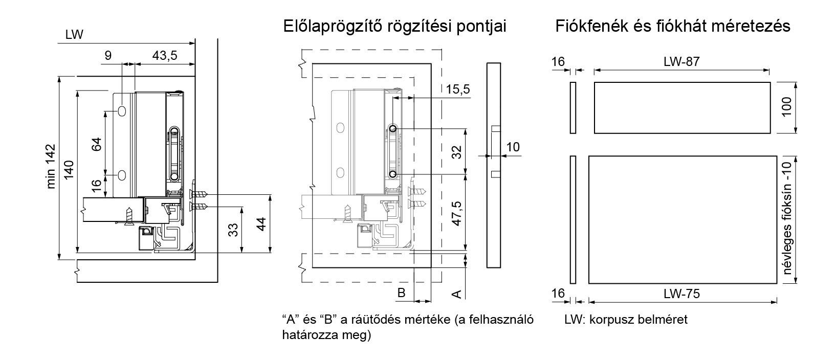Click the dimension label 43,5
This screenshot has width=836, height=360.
(165, 56)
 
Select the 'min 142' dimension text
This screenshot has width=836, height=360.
(51, 166)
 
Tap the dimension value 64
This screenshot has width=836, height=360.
(96, 144)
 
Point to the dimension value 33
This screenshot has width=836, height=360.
(233, 230)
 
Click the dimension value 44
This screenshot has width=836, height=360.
(261, 224)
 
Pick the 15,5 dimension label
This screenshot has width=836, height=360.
(458, 89)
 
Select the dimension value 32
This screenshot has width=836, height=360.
(456, 152)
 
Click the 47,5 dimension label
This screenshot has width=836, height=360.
(456, 213)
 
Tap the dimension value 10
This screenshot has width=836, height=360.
(513, 147)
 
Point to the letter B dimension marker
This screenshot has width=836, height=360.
(401, 292)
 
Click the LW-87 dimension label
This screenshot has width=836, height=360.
(681, 61)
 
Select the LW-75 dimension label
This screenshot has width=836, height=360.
(681, 294)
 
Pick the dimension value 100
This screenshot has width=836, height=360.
(786, 107)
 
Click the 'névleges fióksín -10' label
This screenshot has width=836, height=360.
(786, 218)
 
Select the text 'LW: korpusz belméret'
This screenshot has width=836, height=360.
(626, 320)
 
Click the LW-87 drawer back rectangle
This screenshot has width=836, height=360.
(682, 108)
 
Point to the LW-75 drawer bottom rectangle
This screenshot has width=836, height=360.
(683, 220)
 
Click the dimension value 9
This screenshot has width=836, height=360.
(108, 56)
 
